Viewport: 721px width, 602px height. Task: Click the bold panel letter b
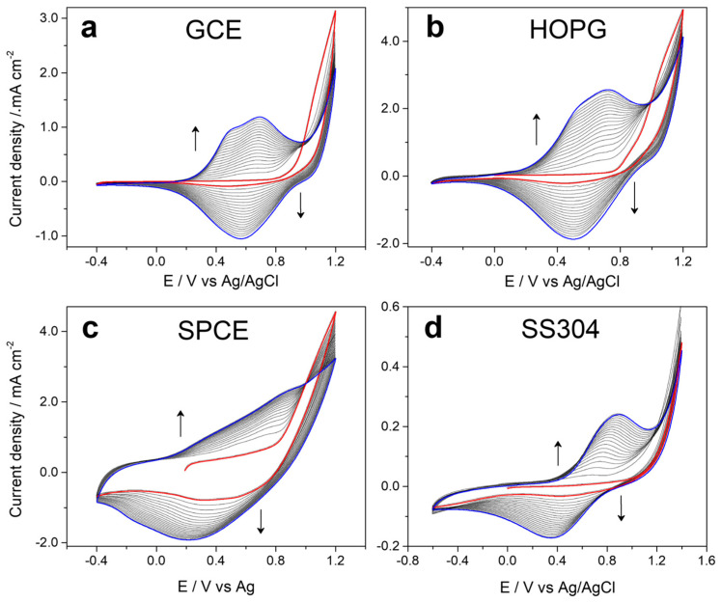point(434,29)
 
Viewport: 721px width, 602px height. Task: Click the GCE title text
point(213,30)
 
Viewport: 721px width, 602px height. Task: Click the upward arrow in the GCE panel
point(196,138)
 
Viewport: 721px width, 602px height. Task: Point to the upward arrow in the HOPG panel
point(537,128)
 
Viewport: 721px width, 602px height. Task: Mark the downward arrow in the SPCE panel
point(261,522)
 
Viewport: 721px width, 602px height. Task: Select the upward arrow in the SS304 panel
point(557,451)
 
